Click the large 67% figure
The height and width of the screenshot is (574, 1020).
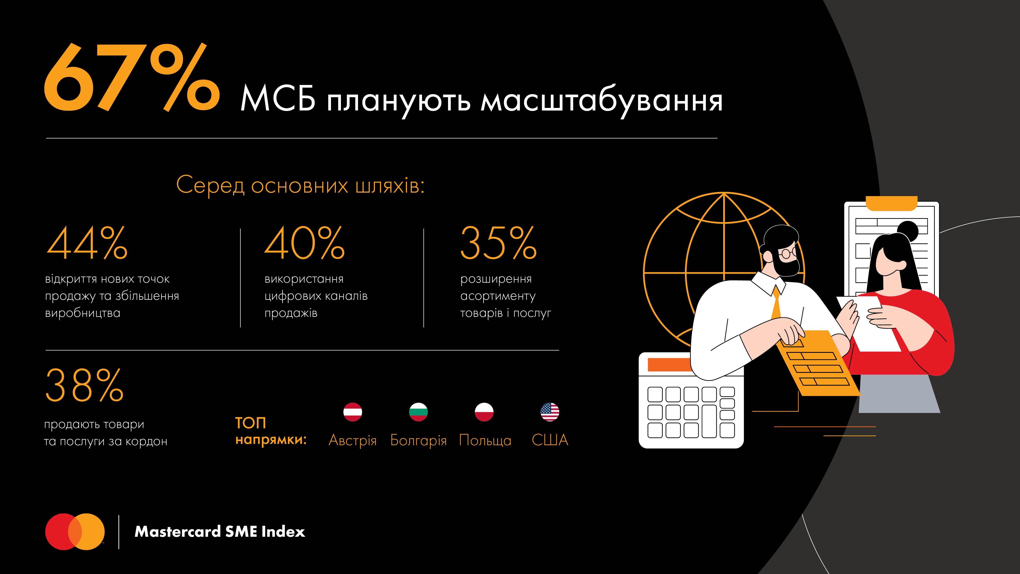[x=131, y=77]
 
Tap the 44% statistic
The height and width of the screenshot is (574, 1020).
[x=87, y=243]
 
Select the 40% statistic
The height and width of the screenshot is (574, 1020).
[x=304, y=243]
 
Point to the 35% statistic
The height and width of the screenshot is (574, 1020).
[x=498, y=243]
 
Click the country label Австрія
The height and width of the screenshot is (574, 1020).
[x=352, y=440]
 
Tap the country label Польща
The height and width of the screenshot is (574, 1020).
[x=485, y=440]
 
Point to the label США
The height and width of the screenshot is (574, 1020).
[x=550, y=440]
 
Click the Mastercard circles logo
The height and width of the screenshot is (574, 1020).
[x=75, y=532]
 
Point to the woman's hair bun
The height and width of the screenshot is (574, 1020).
[x=908, y=230]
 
